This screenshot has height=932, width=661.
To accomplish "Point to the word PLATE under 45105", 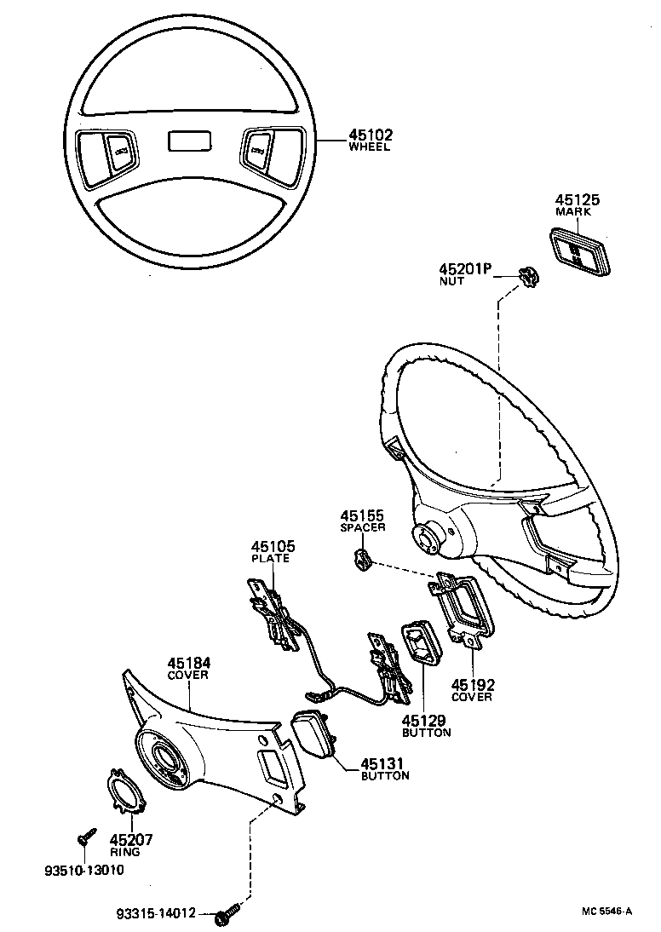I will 270,559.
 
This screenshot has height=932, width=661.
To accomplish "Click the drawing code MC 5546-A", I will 606,911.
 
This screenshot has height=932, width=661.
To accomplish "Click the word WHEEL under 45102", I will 369,147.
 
